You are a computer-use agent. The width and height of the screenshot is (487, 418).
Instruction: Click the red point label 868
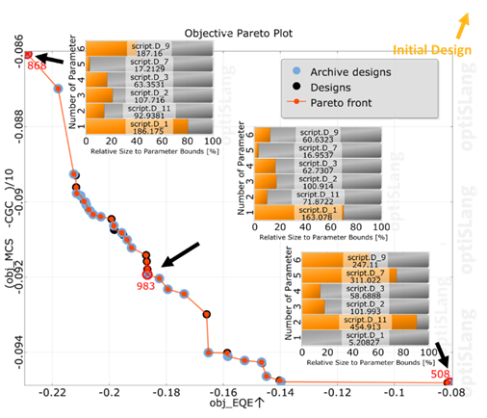[37, 65]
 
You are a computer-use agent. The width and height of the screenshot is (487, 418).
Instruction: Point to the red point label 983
[145, 286]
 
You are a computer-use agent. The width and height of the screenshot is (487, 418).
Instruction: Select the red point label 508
[442, 374]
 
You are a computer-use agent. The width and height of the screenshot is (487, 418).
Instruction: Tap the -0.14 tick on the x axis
[281, 394]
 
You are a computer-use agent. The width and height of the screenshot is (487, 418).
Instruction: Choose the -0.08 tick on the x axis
[450, 394]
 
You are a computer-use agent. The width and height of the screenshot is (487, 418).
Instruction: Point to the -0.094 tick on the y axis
[19, 353]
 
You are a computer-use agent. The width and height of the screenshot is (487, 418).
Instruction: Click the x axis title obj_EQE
[236, 405]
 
